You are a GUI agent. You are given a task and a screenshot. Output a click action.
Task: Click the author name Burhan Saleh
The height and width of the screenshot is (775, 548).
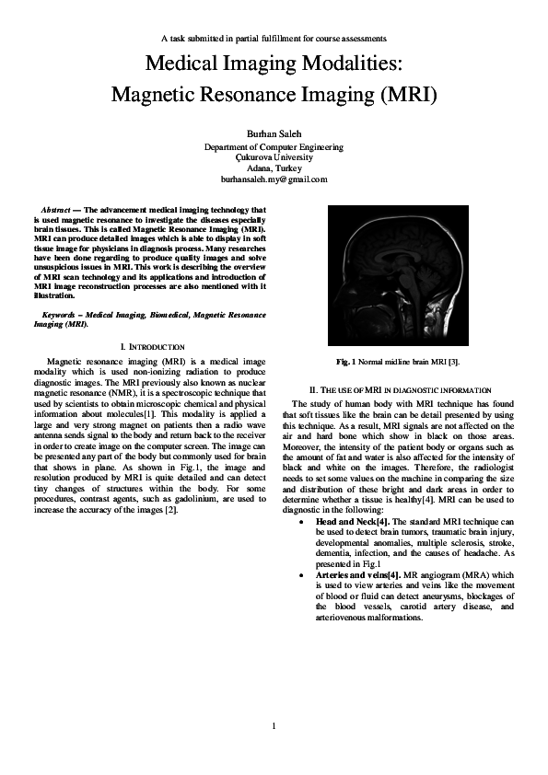tap(274, 133)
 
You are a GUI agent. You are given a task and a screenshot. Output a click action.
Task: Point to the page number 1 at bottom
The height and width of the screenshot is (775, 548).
tap(274, 727)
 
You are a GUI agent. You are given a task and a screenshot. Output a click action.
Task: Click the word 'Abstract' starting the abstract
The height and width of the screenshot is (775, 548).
tap(60, 211)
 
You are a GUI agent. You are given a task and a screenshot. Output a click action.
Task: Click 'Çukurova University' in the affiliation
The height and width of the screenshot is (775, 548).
tap(274, 157)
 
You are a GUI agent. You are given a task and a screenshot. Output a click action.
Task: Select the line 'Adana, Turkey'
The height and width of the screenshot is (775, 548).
tap(274, 170)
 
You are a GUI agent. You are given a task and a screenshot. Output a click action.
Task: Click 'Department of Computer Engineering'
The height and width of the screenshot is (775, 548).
tap(274, 145)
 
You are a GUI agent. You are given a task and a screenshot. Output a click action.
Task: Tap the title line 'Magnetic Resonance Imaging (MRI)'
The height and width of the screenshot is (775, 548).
tap(274, 95)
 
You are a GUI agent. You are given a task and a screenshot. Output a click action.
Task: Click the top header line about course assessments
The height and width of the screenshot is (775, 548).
tap(274, 38)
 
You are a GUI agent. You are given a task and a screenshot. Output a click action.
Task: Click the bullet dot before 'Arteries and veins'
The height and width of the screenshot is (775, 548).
tap(304, 573)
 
